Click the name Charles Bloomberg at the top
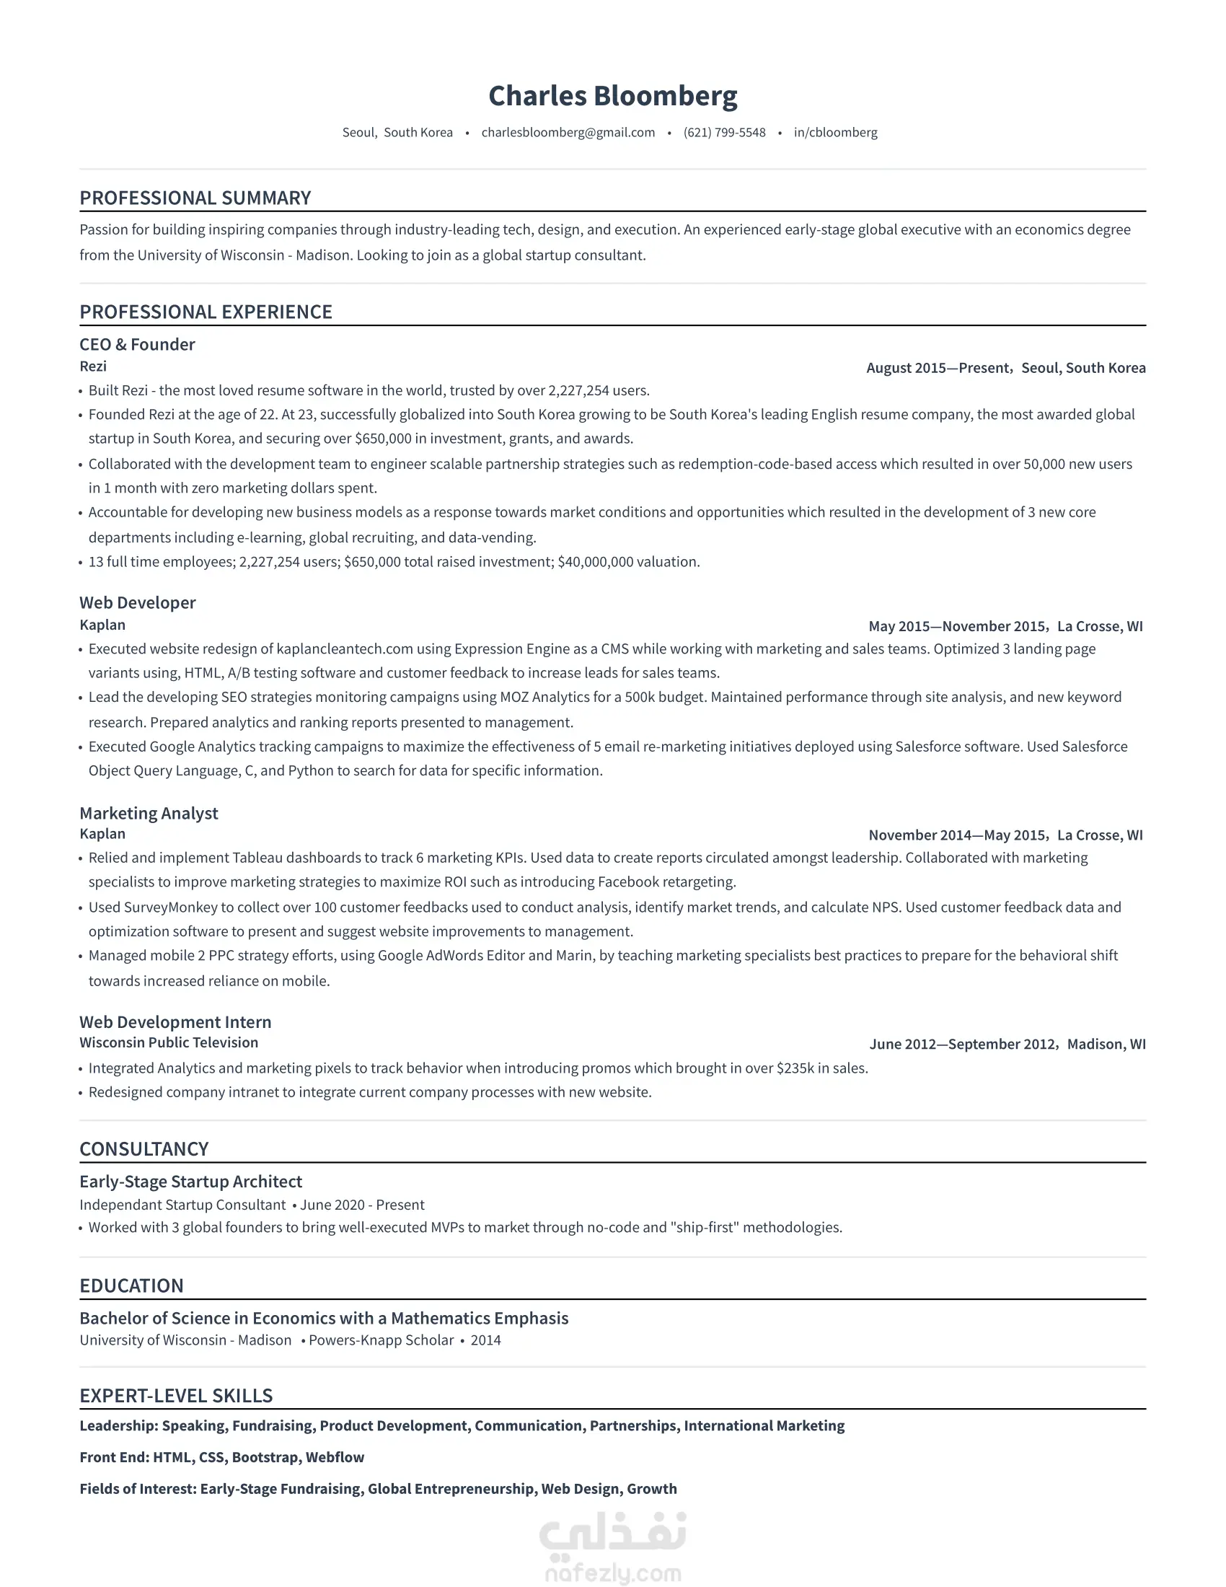click(x=612, y=96)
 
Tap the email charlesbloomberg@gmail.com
click(x=568, y=132)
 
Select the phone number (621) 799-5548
click(x=724, y=132)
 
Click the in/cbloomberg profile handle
click(x=835, y=132)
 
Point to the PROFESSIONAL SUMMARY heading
click(x=195, y=198)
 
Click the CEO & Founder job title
click(x=137, y=344)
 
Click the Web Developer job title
click(x=137, y=602)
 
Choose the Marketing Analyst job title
click(x=148, y=813)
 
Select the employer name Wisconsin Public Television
click(x=169, y=1043)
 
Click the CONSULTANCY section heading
click(x=144, y=1149)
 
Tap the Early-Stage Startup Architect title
click(x=190, y=1182)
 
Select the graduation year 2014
click(x=486, y=1341)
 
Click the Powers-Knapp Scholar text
click(x=382, y=1341)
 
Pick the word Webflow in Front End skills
click(x=335, y=1457)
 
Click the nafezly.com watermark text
click(x=612, y=1574)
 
